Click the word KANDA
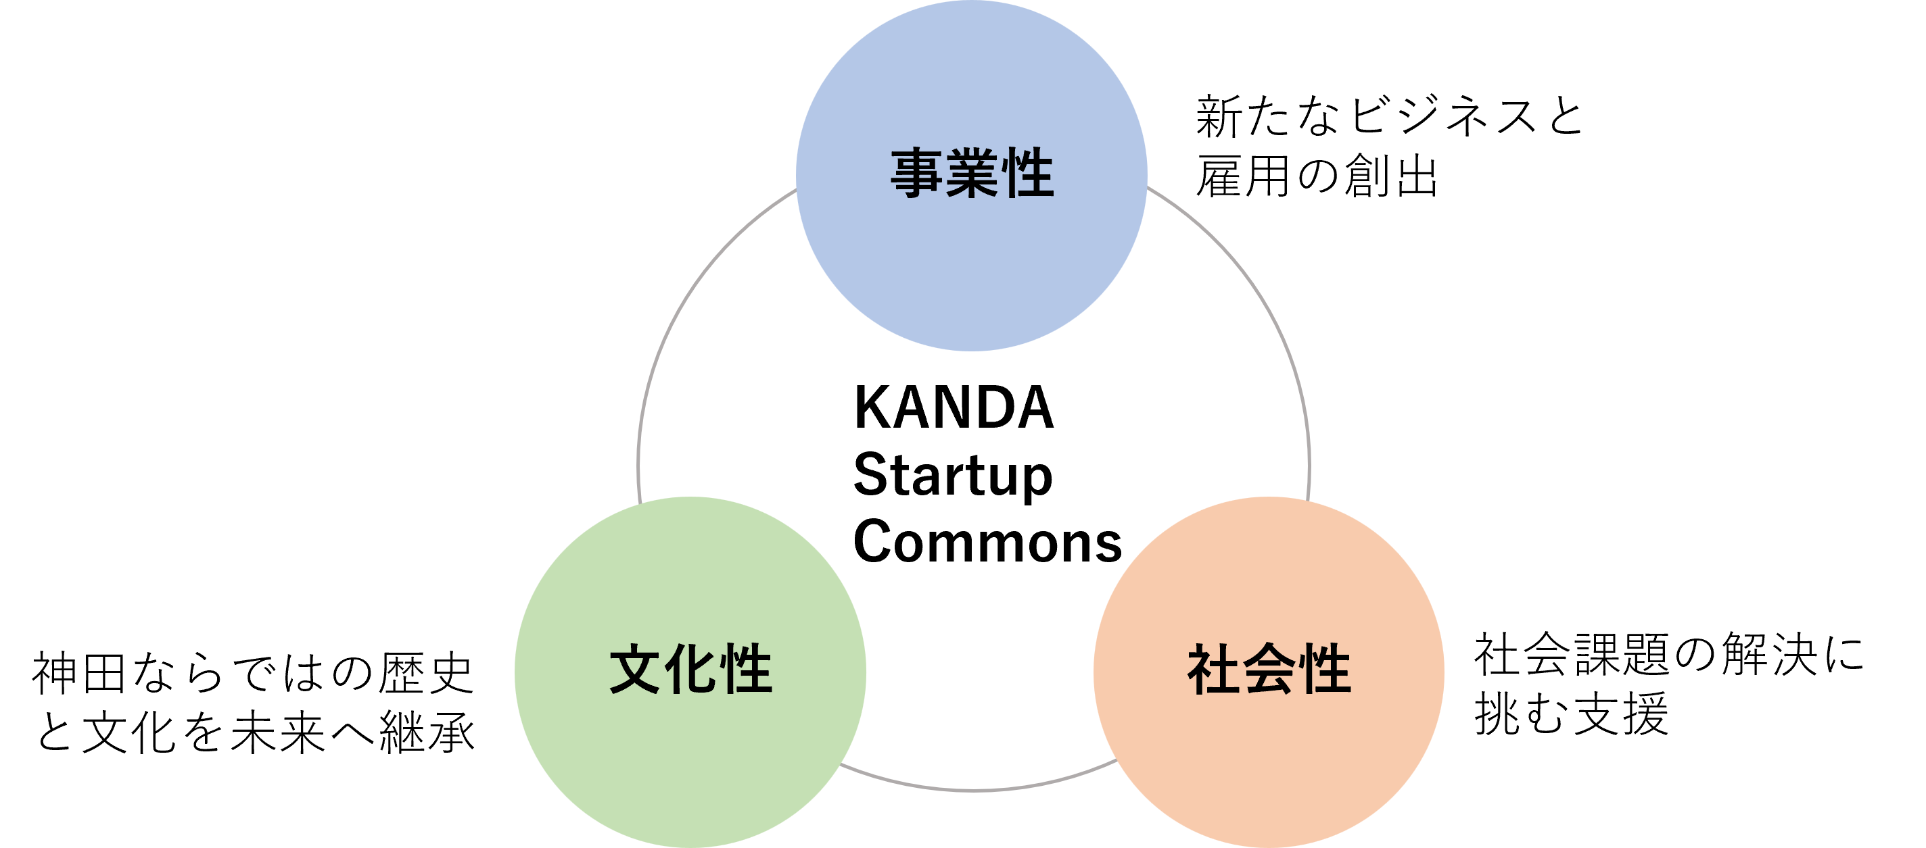[954, 408]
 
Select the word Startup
[953, 476]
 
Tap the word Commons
[987, 542]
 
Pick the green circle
[689, 747]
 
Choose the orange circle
[1269, 747]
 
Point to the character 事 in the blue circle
[916, 174]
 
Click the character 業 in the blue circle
[972, 174]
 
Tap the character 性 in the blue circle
[1027, 174]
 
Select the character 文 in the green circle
[636, 669]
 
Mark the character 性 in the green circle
[745, 669]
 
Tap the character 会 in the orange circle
[1269, 669]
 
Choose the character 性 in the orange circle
[1324, 669]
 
